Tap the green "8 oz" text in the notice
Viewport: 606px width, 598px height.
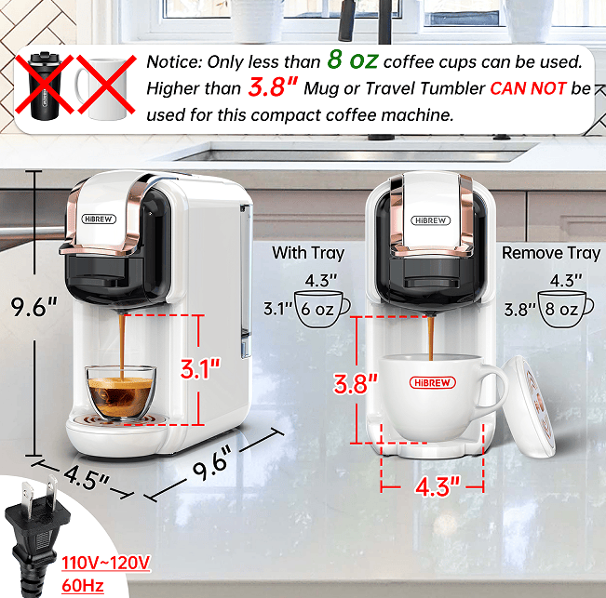coord(352,61)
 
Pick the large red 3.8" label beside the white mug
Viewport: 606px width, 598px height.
coord(357,381)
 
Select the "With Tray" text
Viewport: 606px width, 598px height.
coord(308,253)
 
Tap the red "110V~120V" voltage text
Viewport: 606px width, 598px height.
coord(106,563)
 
